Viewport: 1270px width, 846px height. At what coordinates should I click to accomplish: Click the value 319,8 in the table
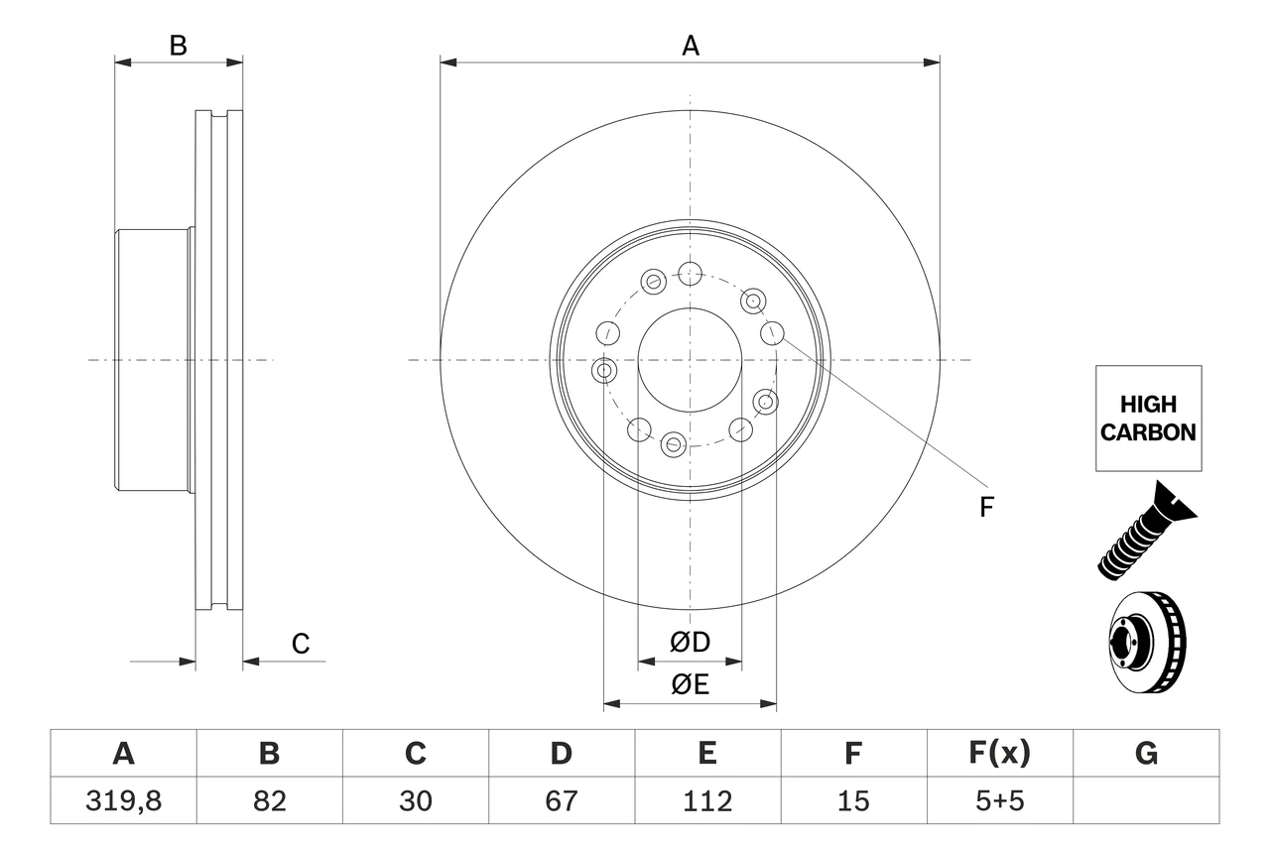[124, 800]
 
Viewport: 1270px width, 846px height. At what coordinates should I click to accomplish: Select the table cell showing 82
[269, 800]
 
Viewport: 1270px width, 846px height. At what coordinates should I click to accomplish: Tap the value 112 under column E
[707, 800]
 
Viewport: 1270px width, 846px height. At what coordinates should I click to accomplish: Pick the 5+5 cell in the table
[999, 800]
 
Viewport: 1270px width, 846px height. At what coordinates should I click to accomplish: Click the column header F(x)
[999, 753]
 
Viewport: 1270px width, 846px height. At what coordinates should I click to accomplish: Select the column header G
[1146, 753]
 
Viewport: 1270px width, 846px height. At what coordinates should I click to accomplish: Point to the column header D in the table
[562, 753]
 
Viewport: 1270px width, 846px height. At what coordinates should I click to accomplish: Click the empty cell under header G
[1146, 800]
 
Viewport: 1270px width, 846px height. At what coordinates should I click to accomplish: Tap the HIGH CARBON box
[1148, 419]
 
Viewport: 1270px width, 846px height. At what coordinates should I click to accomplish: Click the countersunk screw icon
[1145, 531]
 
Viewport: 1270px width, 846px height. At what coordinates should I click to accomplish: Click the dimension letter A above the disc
[690, 46]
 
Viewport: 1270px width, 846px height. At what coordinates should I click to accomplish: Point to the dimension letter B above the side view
[178, 46]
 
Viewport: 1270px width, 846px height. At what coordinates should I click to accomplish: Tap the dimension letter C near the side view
[301, 643]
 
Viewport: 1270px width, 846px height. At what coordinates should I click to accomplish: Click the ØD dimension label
[690, 642]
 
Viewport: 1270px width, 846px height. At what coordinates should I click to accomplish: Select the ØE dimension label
[690, 684]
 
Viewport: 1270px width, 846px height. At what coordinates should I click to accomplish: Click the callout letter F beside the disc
[986, 507]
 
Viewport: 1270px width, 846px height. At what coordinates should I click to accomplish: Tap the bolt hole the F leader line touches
[772, 332]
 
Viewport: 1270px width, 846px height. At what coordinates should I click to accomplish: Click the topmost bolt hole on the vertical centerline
[690, 275]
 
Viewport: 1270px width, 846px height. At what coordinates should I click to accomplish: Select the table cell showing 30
[416, 800]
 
